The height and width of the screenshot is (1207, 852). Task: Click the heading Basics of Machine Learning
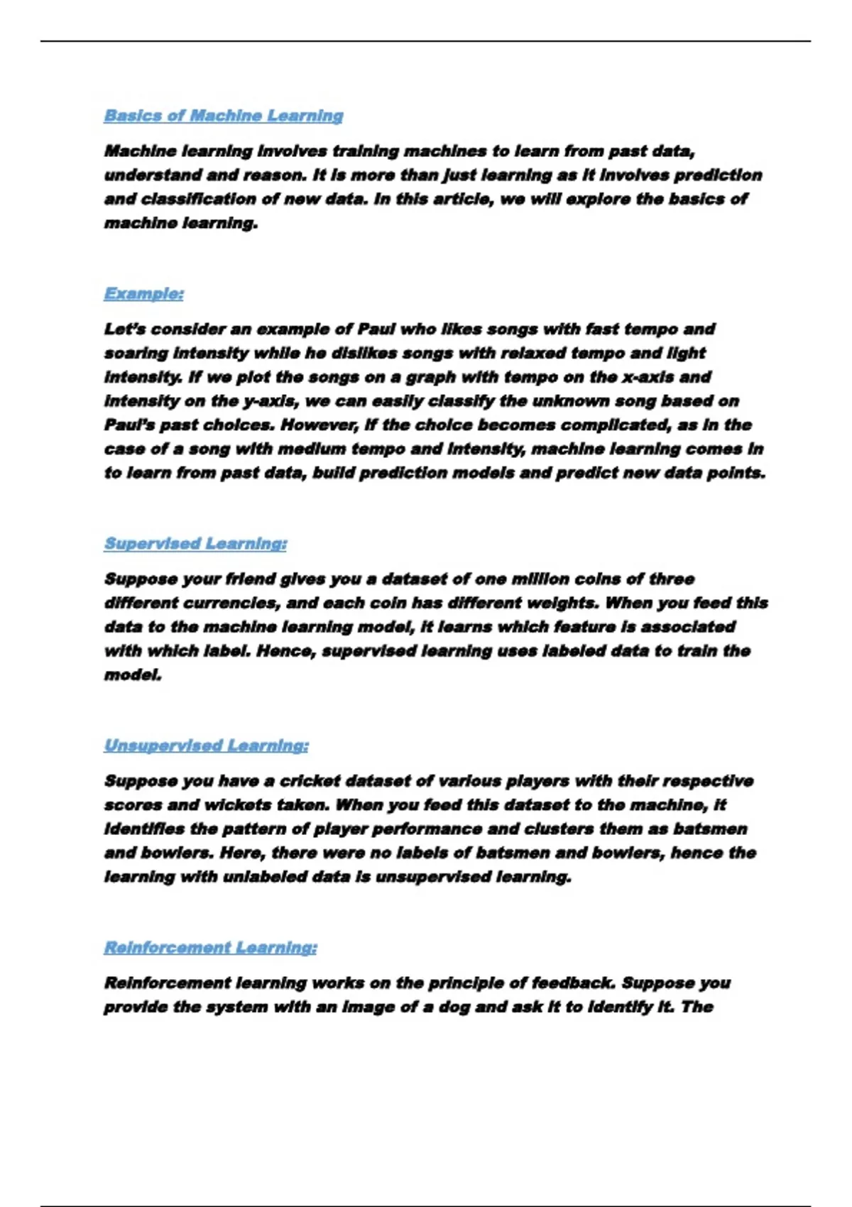coord(223,116)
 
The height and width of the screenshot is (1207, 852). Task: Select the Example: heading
coord(143,294)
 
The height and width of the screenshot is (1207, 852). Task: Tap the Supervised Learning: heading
coord(195,544)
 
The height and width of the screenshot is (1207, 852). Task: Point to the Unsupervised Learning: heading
coord(206,745)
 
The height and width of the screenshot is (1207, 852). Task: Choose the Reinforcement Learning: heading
coord(210,948)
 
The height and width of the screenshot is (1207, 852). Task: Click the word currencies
coord(230,603)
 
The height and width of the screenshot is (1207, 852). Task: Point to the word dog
coord(452,1007)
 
